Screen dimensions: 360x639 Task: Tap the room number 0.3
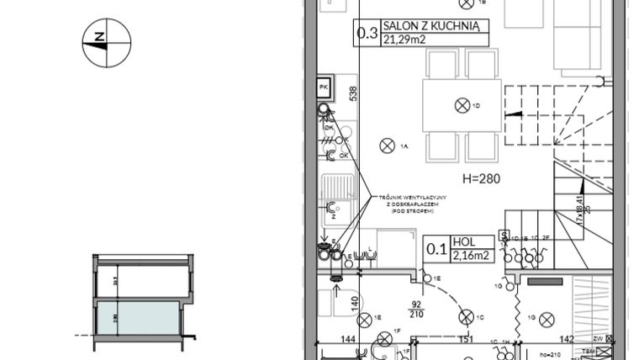coord(367,34)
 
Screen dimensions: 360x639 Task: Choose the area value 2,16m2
coord(471,255)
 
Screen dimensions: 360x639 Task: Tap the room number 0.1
coord(436,249)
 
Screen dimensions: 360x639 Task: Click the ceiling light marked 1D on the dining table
coord(462,105)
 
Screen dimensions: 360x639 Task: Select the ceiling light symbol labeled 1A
coord(388,146)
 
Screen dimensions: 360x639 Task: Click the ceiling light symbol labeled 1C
coord(466,317)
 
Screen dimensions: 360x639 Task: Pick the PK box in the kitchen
coord(324,87)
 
